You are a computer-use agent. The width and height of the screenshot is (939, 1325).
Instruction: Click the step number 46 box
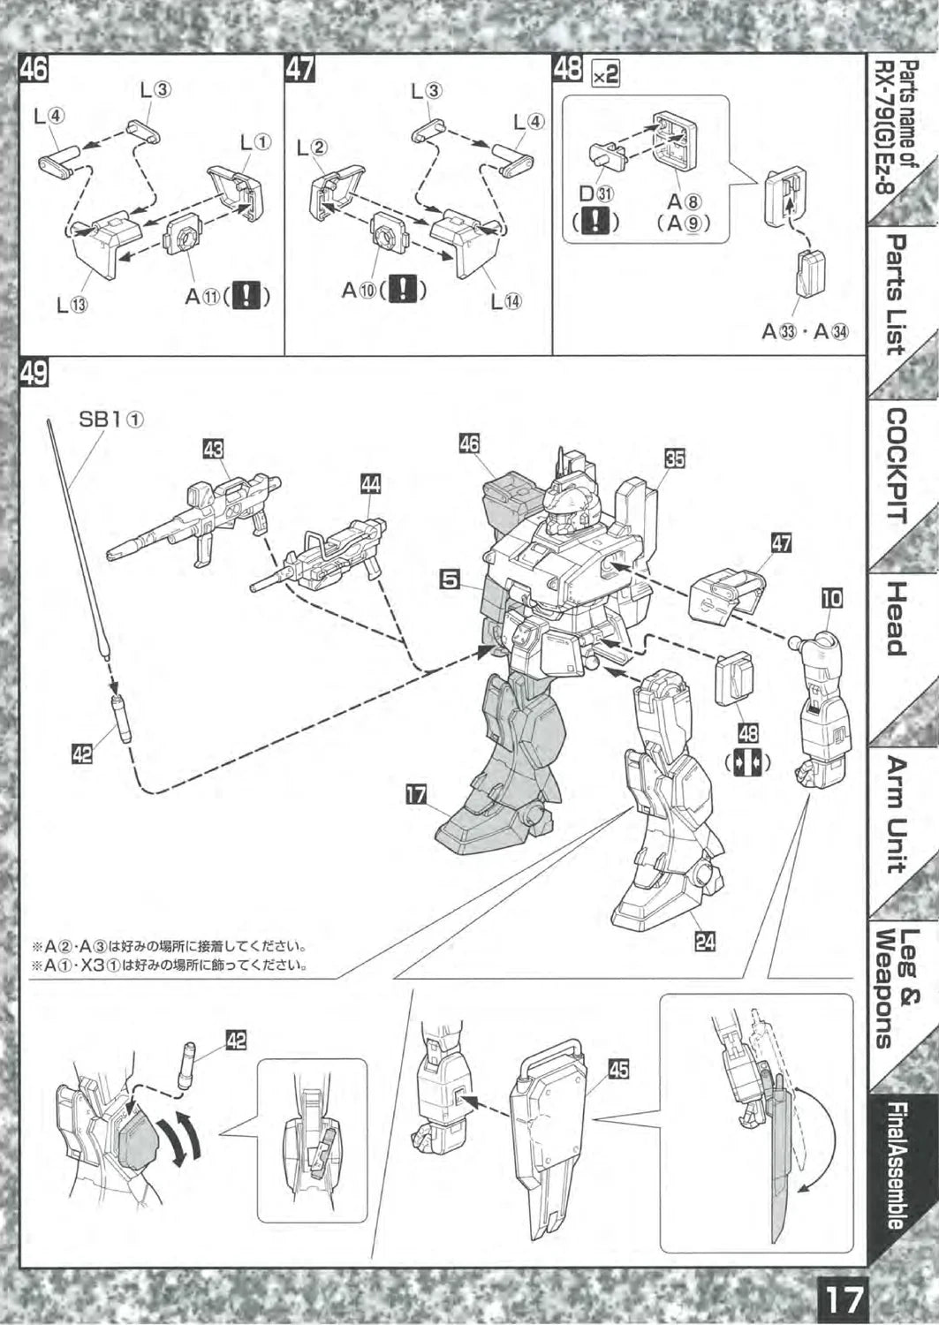click(x=34, y=69)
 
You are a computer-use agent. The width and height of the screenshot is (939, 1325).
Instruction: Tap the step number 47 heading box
click(x=300, y=69)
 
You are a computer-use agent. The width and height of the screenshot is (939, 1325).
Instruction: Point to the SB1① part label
click(x=111, y=420)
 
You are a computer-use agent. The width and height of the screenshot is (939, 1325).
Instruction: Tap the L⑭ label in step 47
click(x=505, y=301)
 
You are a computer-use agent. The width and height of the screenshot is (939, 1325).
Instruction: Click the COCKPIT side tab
click(x=897, y=465)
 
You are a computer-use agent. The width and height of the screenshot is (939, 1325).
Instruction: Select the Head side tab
click(x=897, y=619)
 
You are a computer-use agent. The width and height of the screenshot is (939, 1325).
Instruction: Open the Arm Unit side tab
click(x=897, y=814)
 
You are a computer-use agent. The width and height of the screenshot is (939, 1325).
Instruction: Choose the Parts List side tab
click(x=897, y=295)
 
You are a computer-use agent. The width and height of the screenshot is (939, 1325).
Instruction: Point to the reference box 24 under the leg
click(x=704, y=942)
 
